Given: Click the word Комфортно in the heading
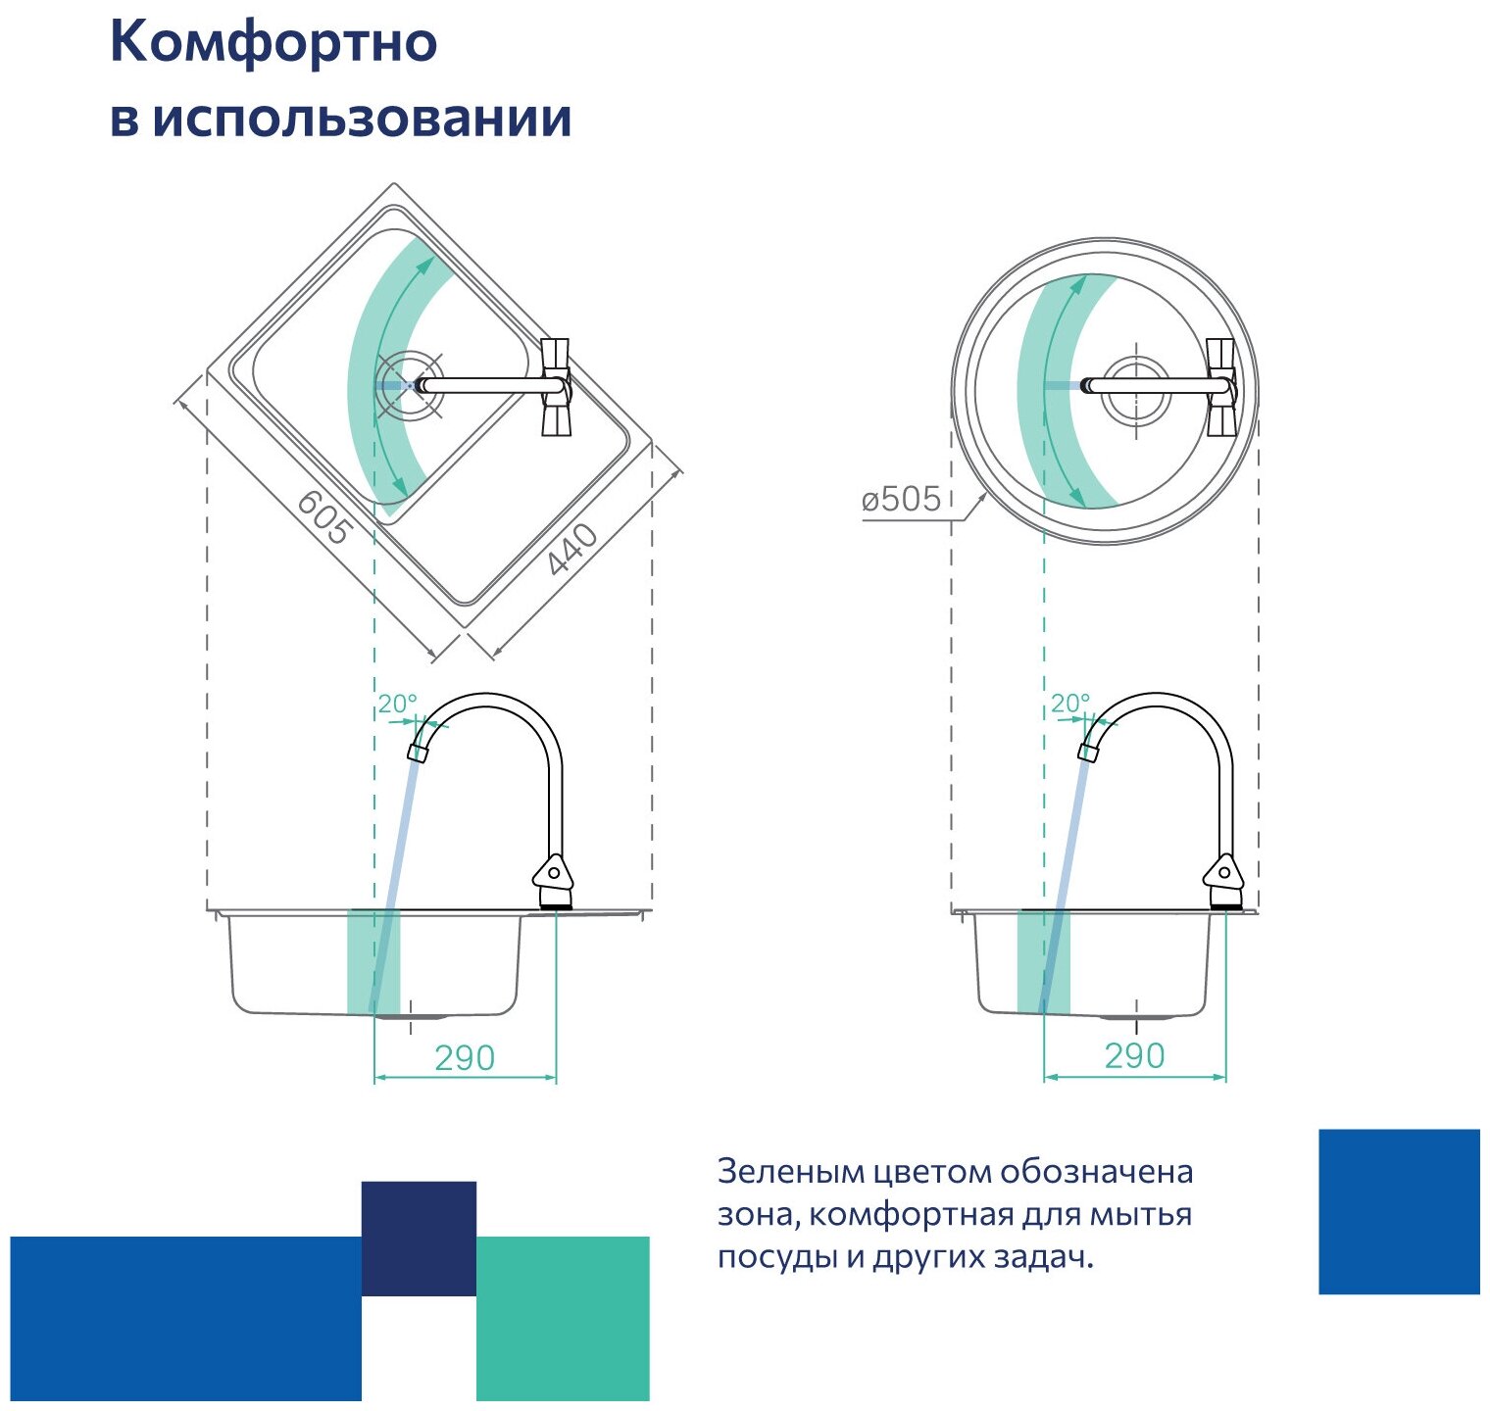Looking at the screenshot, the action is [x=273, y=44].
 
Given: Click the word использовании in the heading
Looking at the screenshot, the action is [x=362, y=119].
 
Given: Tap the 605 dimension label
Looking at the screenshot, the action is [x=323, y=516].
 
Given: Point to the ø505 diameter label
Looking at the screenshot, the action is [x=901, y=500].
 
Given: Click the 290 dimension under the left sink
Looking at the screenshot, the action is [x=465, y=1058].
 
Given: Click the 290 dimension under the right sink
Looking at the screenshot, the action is [x=1134, y=1056].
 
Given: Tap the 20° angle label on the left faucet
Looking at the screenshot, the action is [x=397, y=704].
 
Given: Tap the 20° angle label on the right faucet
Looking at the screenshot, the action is [x=1069, y=704].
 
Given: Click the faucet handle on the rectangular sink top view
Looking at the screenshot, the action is [x=556, y=387].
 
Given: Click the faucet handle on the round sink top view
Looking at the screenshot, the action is [x=1220, y=387].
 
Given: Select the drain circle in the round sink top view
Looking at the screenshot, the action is [x=1136, y=386].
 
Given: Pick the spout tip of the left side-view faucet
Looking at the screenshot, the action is [x=418, y=753].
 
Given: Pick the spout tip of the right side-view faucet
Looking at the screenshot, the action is [x=1087, y=752].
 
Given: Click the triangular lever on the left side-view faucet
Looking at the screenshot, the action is [x=551, y=871].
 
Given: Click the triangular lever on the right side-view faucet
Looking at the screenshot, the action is [x=1223, y=871].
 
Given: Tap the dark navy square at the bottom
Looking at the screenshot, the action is [x=419, y=1238].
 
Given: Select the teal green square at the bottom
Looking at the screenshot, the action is [x=563, y=1318].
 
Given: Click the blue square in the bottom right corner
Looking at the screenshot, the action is [x=1399, y=1211].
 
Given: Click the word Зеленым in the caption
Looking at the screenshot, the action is [x=776, y=1172].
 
